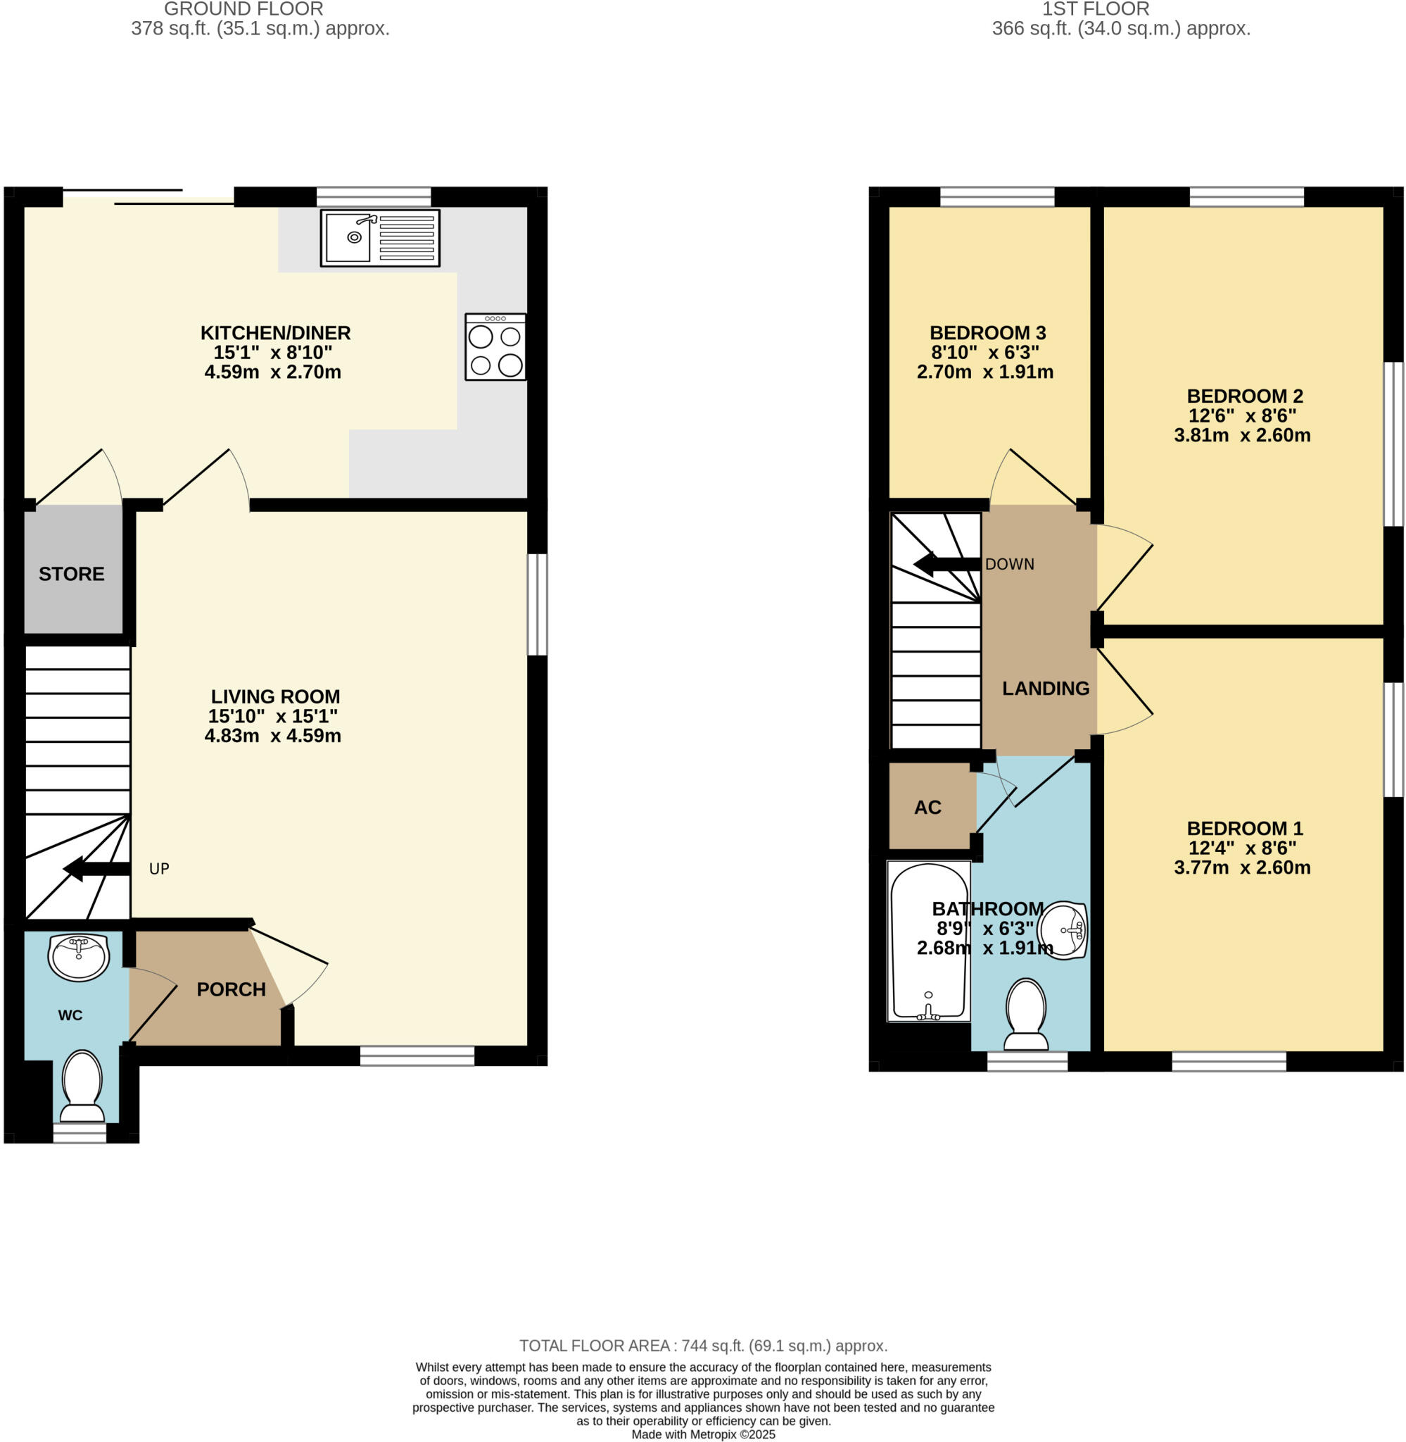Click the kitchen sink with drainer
[379, 238]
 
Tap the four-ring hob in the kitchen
[495, 347]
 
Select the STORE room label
[72, 574]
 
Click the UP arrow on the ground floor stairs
[96, 869]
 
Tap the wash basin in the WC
[78, 957]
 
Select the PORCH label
[231, 990]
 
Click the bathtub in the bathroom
[929, 943]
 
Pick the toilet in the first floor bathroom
[1027, 1013]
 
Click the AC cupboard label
[927, 808]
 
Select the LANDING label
[1046, 689]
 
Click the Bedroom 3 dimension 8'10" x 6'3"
[985, 352]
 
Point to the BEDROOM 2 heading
[1244, 396]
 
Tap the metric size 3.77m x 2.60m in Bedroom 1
[1242, 867]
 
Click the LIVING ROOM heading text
[275, 696]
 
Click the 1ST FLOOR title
[1095, 10]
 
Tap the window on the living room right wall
[538, 604]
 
